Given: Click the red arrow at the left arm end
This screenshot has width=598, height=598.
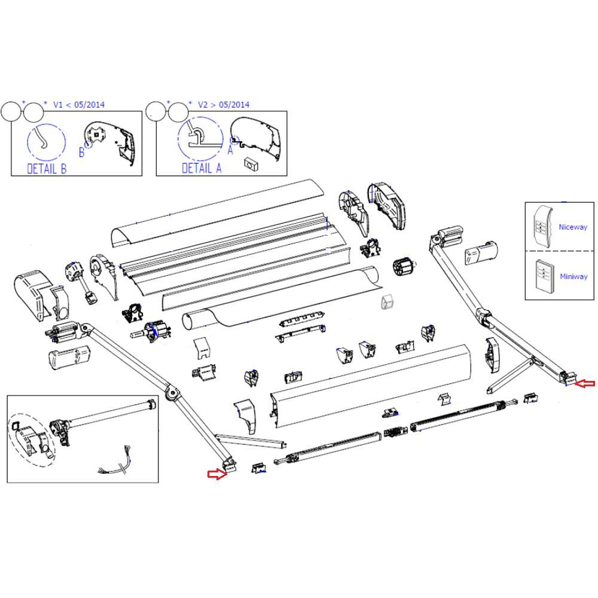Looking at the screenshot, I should click(x=217, y=474).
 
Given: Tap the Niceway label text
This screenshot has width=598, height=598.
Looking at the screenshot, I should click(x=573, y=227).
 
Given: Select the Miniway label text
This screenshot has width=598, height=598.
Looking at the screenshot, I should click(x=573, y=276).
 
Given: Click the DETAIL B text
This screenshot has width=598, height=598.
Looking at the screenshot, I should click(x=47, y=169).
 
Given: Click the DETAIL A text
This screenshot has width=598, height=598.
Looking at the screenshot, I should click(x=202, y=169).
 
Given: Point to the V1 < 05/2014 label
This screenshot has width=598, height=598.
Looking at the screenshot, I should click(x=78, y=105).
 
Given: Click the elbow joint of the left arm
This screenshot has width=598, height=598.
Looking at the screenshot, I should click(x=173, y=393).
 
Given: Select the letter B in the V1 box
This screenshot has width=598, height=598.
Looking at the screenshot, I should click(x=82, y=152).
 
